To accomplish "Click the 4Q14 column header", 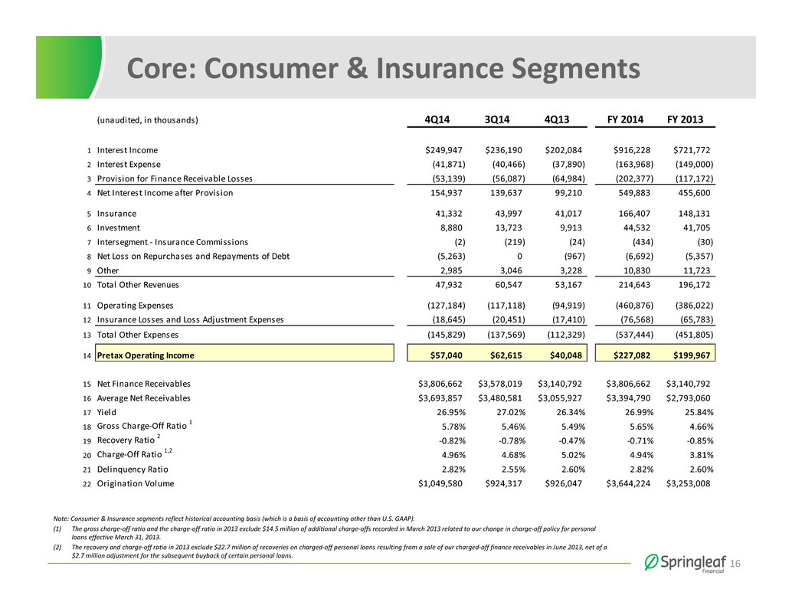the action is tap(437, 119).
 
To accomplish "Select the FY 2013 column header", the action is tap(685, 119).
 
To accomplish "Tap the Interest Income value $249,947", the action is tap(443, 150).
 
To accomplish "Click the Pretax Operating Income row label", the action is tap(146, 355).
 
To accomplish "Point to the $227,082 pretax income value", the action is tap(632, 355).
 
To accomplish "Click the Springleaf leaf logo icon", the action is tap(651, 562).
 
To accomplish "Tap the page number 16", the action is tap(735, 564).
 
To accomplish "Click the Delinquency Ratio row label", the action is tap(133, 470).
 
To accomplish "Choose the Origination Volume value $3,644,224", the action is tap(628, 484).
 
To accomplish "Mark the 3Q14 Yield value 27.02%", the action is tap(511, 413).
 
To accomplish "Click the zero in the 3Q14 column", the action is tap(519, 257).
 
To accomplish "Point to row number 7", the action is tap(89, 243).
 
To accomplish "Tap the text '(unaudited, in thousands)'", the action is tap(148, 120).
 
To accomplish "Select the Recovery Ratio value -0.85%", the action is tap(699, 441).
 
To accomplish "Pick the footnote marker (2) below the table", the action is tap(57, 547).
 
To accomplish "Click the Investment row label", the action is tap(118, 228).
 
